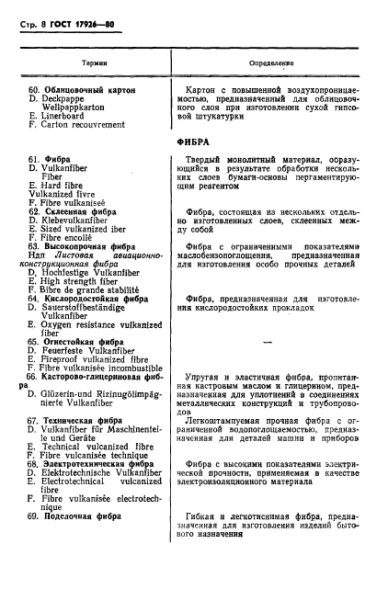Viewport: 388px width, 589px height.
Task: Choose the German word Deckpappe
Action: click(x=69, y=99)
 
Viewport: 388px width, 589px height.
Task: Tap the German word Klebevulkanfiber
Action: click(x=81, y=220)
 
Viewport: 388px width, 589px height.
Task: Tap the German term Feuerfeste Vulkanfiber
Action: click(x=90, y=349)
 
